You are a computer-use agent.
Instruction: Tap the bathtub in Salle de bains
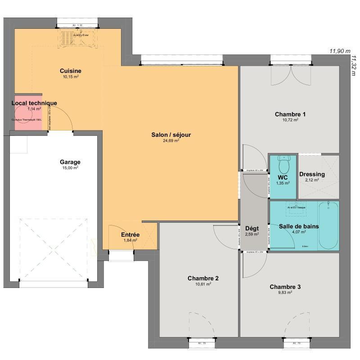coord(328,226)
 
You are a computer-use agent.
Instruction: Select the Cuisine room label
coord(71,71)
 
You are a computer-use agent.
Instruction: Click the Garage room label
coord(70,162)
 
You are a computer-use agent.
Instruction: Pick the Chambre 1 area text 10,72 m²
coord(290,120)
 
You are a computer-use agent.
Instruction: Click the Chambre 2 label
coord(203,279)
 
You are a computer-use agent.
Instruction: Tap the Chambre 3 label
coord(285,287)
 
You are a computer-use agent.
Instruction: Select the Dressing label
coord(312,174)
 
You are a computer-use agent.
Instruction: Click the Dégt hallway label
coord(252,228)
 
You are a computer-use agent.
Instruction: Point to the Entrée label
coord(130,235)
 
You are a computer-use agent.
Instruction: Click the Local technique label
coord(34,103)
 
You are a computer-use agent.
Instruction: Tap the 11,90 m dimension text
coord(340,51)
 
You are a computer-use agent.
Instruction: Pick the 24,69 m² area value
coord(171,140)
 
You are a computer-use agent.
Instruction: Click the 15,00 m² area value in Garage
coord(70,168)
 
